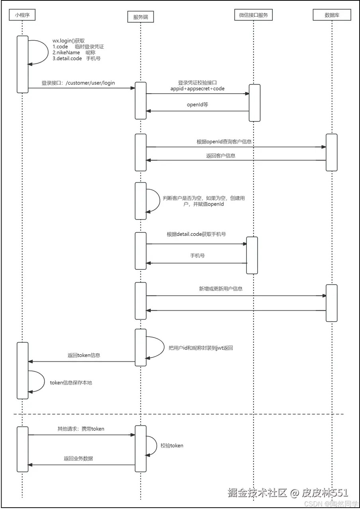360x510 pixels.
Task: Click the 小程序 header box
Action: tap(22, 15)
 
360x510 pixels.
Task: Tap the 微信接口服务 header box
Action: tap(253, 15)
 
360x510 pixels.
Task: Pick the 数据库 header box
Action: tap(332, 15)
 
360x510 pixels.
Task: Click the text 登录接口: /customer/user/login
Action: tap(78, 83)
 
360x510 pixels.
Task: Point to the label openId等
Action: tap(197, 105)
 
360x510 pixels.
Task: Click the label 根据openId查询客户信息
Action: tap(224, 141)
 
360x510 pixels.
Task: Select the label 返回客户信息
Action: tap(220, 155)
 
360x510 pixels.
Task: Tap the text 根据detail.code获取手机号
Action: tap(196, 234)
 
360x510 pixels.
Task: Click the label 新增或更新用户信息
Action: tap(220, 288)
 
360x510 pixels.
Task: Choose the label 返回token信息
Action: tap(84, 355)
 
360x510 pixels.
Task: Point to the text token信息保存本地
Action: tap(71, 382)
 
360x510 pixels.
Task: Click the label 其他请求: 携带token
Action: tap(81, 429)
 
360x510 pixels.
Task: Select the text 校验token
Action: tap(172, 445)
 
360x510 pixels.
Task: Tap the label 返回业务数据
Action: tap(78, 459)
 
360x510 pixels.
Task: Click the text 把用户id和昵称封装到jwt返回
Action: tap(201, 348)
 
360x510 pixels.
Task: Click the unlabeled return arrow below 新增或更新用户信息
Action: tap(236, 310)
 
